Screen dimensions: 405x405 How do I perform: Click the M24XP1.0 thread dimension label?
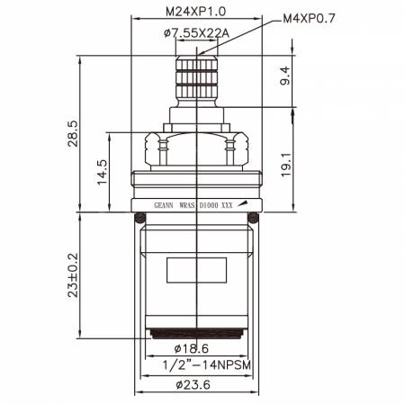[x=195, y=12]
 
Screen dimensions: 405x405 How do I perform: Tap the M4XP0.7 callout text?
[x=309, y=19]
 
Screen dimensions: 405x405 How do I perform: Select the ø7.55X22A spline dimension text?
[x=196, y=33]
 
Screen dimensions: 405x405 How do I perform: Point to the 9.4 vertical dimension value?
[x=285, y=76]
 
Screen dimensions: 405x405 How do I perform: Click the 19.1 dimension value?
[x=286, y=165]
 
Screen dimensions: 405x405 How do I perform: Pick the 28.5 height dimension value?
[x=73, y=134]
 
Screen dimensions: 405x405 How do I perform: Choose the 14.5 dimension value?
[x=102, y=172]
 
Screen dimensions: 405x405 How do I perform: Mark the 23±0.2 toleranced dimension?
[x=73, y=275]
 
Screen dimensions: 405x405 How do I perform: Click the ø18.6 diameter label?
[x=192, y=348]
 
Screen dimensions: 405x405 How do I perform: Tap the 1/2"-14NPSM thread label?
[x=206, y=365]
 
